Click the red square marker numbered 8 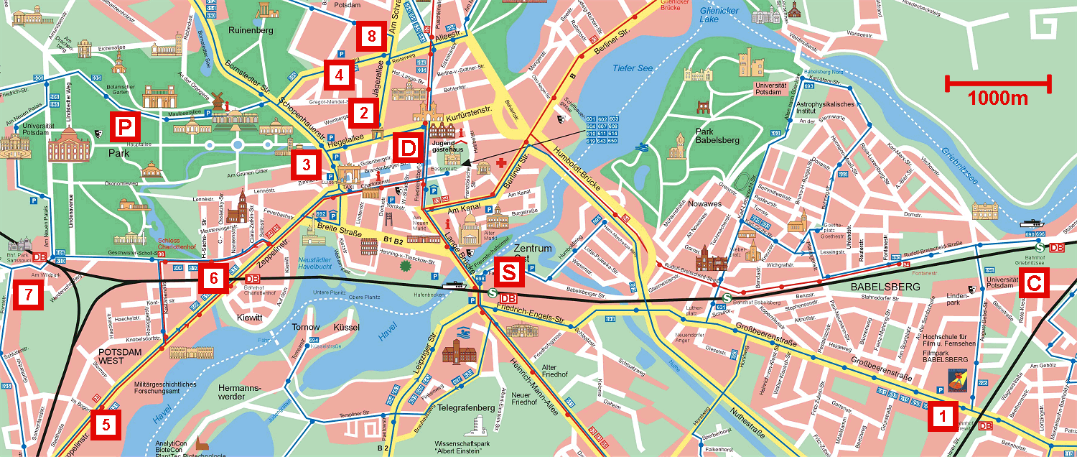coord(370,35)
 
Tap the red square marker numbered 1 coord(943,415)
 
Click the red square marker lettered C coord(1033,283)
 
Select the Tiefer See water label coord(633,68)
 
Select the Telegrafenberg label coord(467,408)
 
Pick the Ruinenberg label coord(252,31)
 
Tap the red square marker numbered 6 coord(213,276)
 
